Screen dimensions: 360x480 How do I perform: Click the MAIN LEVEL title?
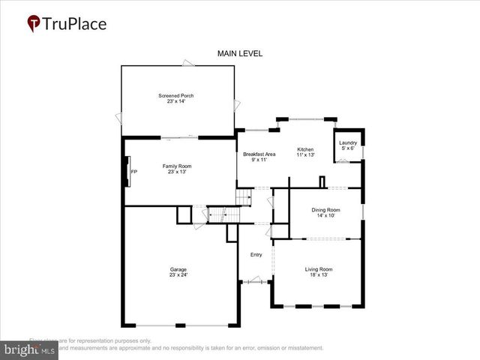pyautogui.click(x=240, y=53)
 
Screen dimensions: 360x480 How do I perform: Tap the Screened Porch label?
pyautogui.click(x=178, y=95)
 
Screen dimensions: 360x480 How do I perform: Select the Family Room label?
pyautogui.click(x=178, y=166)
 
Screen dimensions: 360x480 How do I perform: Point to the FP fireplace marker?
pyautogui.click(x=133, y=172)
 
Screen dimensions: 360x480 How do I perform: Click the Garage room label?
pyautogui.click(x=178, y=269)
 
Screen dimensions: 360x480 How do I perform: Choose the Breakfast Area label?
pyautogui.click(x=259, y=154)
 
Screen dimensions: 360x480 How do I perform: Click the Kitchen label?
pyautogui.click(x=305, y=150)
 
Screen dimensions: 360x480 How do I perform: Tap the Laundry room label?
pyautogui.click(x=347, y=142)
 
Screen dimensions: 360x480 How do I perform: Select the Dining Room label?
pyautogui.click(x=326, y=210)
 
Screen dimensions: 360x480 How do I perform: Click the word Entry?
pyautogui.click(x=256, y=255)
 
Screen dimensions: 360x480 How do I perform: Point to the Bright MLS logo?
pyautogui.click(x=30, y=349)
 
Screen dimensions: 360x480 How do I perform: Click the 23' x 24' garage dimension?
pyautogui.click(x=178, y=275)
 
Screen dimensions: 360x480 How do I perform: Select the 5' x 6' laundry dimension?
pyautogui.click(x=347, y=148)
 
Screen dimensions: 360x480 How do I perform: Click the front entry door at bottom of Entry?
pyautogui.click(x=255, y=281)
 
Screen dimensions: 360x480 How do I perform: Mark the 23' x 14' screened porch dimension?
pyautogui.click(x=178, y=101)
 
